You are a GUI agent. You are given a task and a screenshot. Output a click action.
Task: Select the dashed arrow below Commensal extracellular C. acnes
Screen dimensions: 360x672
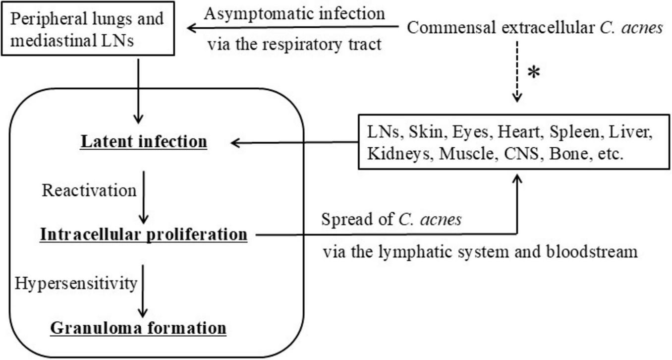pos(517,74)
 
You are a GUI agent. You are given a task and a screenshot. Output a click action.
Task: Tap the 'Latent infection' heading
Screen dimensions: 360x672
pos(144,142)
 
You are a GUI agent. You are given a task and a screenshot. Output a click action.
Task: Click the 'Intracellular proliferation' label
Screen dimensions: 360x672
pos(144,234)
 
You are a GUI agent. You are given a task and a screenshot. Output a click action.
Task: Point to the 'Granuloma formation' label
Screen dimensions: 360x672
pos(139,328)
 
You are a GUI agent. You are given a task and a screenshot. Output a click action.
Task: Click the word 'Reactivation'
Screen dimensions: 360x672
pos(89,190)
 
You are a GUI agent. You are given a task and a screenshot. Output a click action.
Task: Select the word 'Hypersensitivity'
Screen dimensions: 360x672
pos(76,283)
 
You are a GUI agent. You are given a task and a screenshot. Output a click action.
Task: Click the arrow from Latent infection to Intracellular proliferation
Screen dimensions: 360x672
pos(143,196)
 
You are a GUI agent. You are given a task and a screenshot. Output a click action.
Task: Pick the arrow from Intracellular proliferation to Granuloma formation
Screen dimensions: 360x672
pos(143,290)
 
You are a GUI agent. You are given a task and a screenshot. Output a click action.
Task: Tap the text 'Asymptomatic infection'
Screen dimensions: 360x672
pos(294,13)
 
